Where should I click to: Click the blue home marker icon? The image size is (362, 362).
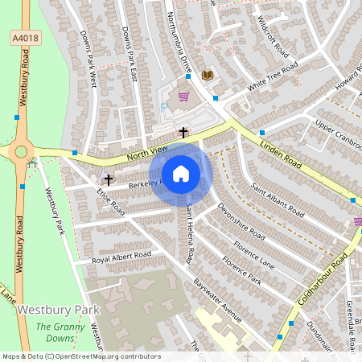[181, 174]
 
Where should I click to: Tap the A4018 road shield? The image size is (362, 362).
[23, 37]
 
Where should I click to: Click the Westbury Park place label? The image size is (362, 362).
[58, 309]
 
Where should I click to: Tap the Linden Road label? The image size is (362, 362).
[290, 152]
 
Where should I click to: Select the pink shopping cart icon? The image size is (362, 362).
[183, 97]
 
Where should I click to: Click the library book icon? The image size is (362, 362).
[208, 75]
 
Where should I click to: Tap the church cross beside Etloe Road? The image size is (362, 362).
[108, 179]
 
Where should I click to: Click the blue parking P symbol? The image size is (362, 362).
[165, 106]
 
